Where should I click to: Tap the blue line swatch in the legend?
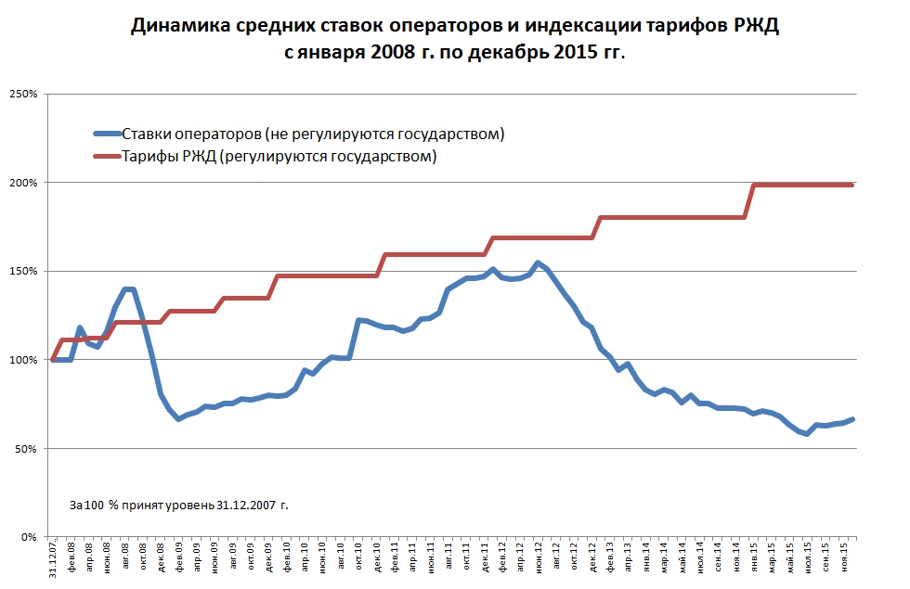tap(105, 134)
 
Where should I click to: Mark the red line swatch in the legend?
tap(105, 156)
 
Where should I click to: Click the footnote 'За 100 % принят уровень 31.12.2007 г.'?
tap(179, 506)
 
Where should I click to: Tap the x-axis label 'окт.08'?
tap(143, 560)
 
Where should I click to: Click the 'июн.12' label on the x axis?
tap(539, 560)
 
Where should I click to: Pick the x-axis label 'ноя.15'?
tap(843, 560)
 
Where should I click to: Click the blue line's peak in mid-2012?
tap(539, 262)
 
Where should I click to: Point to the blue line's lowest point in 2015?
tap(808, 434)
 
